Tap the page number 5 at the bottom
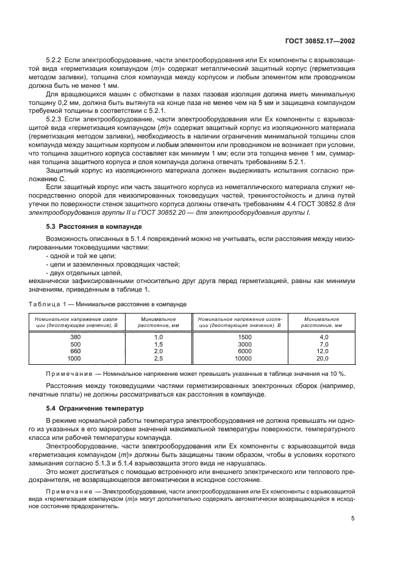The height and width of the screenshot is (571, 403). click(354, 519)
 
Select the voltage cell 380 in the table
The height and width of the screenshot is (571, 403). click(76, 337)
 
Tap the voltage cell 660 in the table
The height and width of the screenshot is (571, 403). click(76, 351)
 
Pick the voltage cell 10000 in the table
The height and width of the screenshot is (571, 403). click(244, 359)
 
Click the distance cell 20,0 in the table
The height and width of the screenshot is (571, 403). click(323, 359)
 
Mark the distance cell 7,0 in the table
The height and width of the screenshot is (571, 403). click(324, 344)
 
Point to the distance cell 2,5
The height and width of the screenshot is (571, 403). click(159, 359)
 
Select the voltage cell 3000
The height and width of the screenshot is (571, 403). click(244, 344)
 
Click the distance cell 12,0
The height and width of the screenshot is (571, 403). click(323, 351)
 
